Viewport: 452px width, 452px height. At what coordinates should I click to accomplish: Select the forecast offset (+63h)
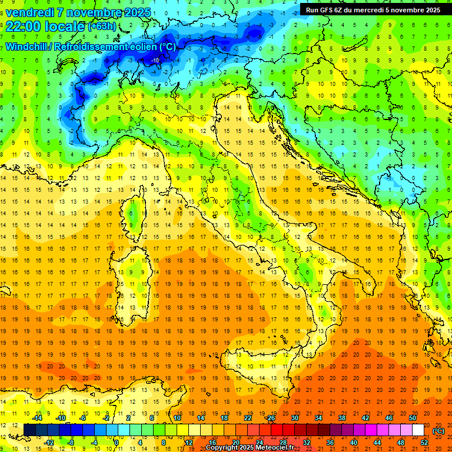[x=102, y=26]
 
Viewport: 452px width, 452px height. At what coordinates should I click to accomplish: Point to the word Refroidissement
[x=99, y=46]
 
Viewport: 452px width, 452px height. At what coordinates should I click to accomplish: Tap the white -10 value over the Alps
[x=155, y=60]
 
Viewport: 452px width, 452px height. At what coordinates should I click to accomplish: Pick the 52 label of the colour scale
[x=424, y=443]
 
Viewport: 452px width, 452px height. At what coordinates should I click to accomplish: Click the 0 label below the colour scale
[x=117, y=443]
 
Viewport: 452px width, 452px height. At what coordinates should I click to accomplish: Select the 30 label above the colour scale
[x=294, y=418]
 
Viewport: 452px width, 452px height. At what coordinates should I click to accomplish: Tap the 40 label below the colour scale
[x=354, y=443]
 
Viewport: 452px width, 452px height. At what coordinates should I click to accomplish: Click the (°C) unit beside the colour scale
[x=438, y=431]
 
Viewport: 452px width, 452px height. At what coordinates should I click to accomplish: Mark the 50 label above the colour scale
[x=413, y=418]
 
